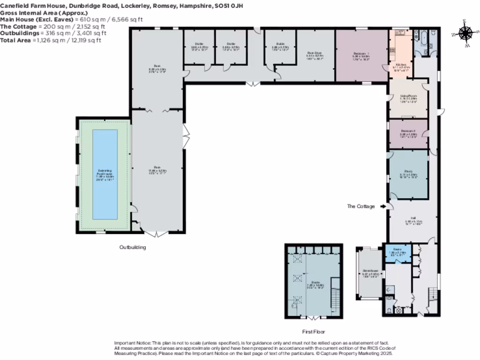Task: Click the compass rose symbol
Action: (x=465, y=33)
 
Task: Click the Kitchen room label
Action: (x=400, y=66)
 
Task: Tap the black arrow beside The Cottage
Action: (x=383, y=206)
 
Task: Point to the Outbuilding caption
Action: (x=132, y=247)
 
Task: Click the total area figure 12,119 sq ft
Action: (x=90, y=40)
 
